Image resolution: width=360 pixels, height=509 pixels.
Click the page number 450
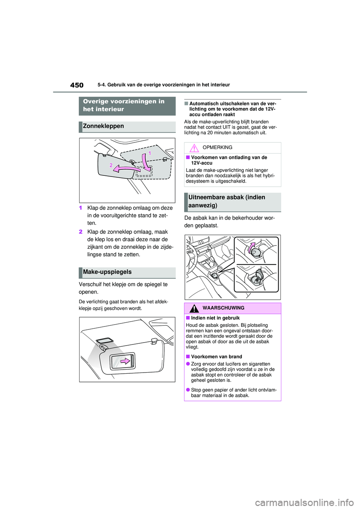tap(77, 85)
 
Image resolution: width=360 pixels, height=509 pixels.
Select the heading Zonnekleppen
tap(103, 126)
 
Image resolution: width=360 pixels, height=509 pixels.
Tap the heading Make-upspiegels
tap(107, 272)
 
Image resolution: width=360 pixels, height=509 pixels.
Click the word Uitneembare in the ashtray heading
tap(206, 198)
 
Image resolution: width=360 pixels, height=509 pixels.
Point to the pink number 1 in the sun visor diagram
tap(150, 153)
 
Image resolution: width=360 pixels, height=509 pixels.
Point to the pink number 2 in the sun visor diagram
tap(111, 165)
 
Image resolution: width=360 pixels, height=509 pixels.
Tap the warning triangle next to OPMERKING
tap(194, 148)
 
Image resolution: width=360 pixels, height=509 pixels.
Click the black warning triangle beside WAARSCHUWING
tap(194, 308)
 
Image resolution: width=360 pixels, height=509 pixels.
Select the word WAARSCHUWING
tap(223, 308)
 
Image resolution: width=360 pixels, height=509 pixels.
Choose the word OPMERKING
tap(217, 148)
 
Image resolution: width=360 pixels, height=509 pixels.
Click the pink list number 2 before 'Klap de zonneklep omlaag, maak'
tap(81, 232)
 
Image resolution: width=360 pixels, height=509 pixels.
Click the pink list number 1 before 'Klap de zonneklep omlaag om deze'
tap(81, 208)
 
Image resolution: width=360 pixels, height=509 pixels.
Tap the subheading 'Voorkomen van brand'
tap(216, 357)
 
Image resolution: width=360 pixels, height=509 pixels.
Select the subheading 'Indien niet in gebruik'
tap(215, 318)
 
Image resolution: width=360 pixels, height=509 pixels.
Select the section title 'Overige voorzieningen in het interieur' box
tap(127, 106)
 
